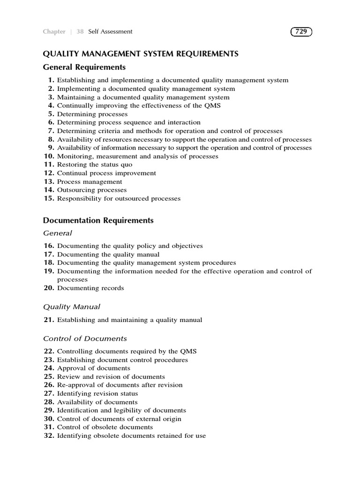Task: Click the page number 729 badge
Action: point(301,32)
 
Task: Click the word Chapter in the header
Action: point(54,32)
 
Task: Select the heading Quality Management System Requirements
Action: point(141,54)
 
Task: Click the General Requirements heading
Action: point(84,67)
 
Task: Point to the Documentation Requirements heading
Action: point(98,220)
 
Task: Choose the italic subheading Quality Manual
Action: point(72,307)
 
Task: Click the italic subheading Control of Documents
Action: point(85,338)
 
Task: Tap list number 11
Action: point(49,165)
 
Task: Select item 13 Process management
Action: point(90,182)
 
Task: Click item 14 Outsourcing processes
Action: point(92,190)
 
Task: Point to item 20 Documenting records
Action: point(90,288)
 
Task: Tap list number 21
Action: point(49,320)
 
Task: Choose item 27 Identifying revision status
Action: point(97,394)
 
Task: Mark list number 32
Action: point(49,436)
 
